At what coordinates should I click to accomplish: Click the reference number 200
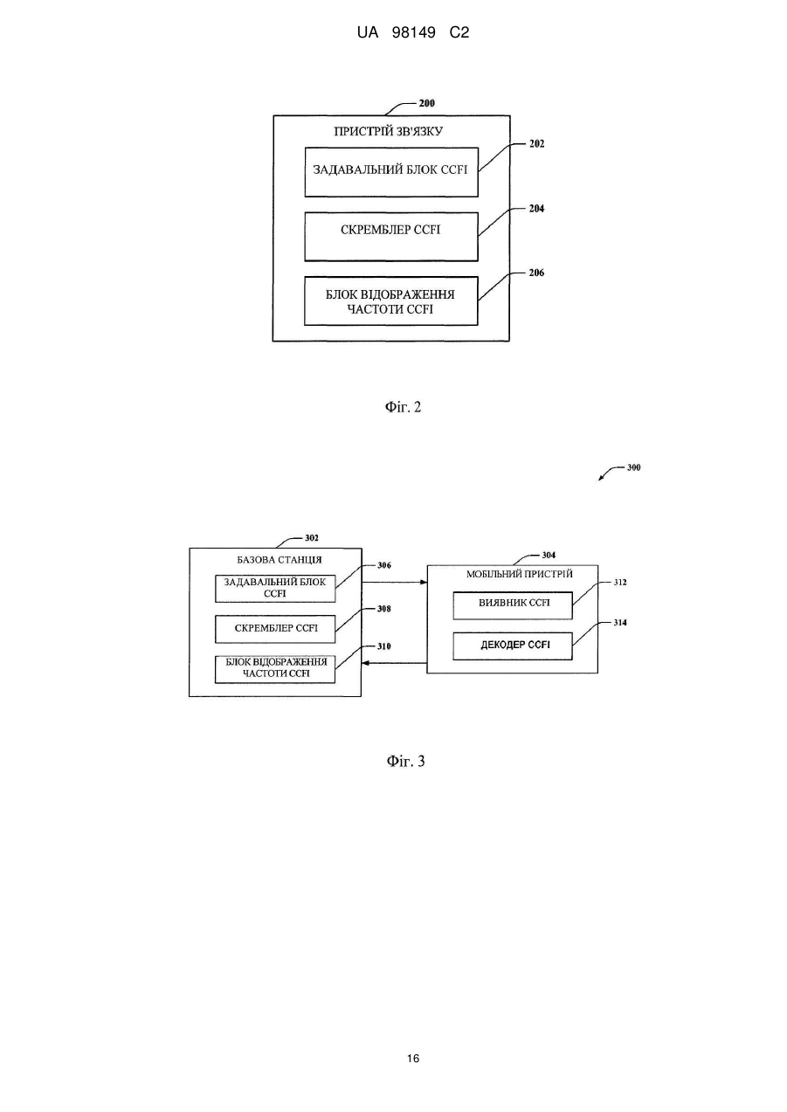tap(426, 103)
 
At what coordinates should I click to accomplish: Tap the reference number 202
tap(536, 143)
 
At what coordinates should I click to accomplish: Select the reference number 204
tap(536, 209)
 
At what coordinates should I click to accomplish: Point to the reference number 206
tap(536, 273)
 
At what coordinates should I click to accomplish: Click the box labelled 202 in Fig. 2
tap(391, 172)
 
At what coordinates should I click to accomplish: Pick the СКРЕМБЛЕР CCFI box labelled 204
tap(391, 237)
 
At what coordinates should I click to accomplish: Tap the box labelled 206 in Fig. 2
tap(391, 300)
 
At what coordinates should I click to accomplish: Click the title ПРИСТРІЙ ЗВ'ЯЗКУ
tap(389, 131)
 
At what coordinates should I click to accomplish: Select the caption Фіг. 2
tap(403, 407)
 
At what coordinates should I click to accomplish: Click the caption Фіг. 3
tap(405, 761)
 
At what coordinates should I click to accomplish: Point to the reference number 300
tap(633, 467)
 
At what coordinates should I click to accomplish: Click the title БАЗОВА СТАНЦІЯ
tap(279, 559)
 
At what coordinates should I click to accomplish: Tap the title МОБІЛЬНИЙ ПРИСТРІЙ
tap(520, 574)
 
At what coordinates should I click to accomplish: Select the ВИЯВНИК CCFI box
tap(513, 605)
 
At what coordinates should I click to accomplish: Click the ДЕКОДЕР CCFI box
tap(513, 646)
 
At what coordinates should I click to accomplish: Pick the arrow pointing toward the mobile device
tap(394, 582)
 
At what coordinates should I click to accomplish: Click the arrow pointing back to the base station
tap(394, 663)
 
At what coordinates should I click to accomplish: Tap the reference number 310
tap(383, 646)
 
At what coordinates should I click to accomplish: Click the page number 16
tap(413, 1059)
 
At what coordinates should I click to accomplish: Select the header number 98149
tap(414, 32)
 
